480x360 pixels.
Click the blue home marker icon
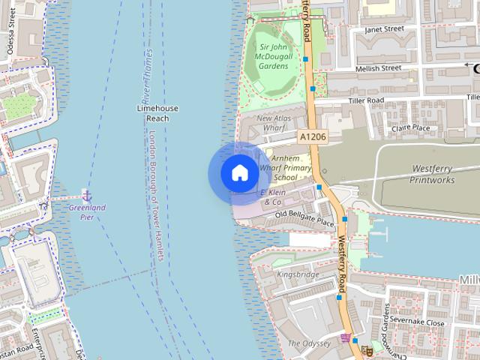tap(239, 173)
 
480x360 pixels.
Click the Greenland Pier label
tap(88, 211)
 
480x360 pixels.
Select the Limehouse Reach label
tap(157, 113)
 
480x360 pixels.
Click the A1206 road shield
tap(312, 136)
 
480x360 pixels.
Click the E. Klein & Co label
tap(273, 197)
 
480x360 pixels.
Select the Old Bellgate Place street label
tap(304, 218)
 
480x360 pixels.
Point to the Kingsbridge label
tap(298, 274)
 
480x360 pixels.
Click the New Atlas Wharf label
tap(279, 123)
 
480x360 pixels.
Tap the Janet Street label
tap(383, 29)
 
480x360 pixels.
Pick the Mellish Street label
tap(379, 68)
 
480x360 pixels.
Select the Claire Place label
tap(411, 127)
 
